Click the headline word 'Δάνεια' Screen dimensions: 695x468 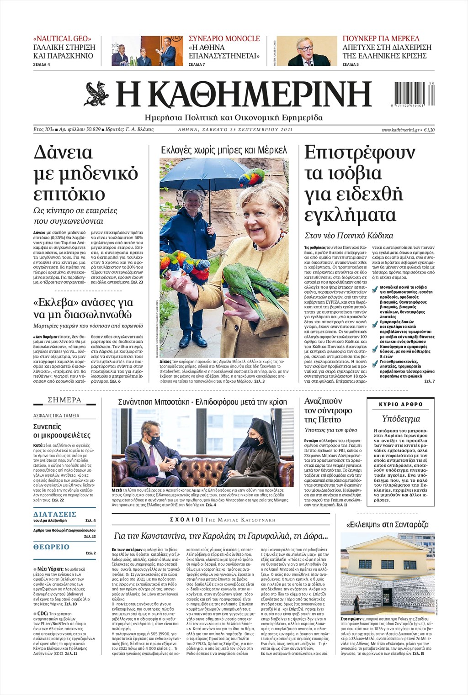(63, 152)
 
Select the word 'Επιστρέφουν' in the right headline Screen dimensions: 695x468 (360, 152)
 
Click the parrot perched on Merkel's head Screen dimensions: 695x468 (253, 177)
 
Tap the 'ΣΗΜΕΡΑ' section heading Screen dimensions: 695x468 (64, 400)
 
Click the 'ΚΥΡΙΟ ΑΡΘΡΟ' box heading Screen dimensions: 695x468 (401, 404)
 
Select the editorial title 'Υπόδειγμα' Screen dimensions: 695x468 (401, 418)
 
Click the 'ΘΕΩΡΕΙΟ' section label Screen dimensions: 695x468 (52, 547)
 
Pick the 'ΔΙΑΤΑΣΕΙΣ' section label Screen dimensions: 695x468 (55, 514)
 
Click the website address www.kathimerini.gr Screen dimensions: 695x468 (401, 130)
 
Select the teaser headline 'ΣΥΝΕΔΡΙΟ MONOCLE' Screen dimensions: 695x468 (224, 39)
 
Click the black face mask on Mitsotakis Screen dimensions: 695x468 (154, 440)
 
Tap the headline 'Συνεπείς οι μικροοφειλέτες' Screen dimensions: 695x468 (62, 431)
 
